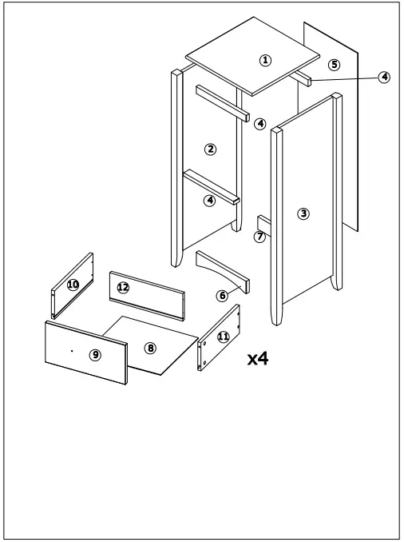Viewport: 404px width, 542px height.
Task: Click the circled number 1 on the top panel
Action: point(266,60)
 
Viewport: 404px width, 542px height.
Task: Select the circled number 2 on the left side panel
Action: point(211,149)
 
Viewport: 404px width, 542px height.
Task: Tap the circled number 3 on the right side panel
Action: point(303,213)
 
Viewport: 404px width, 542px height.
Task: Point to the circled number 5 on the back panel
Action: point(335,64)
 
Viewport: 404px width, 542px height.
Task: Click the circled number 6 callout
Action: point(222,296)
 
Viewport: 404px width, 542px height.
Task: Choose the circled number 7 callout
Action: point(259,237)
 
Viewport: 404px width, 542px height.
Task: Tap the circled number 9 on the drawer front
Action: point(95,355)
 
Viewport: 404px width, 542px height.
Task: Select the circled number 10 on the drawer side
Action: point(73,284)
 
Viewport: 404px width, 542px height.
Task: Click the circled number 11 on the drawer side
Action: point(223,337)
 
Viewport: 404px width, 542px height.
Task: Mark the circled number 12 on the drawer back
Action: point(123,287)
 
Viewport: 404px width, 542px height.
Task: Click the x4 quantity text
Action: point(257,359)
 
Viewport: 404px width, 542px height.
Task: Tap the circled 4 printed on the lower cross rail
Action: point(210,201)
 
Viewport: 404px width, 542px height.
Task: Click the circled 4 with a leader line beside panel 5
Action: point(385,77)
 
